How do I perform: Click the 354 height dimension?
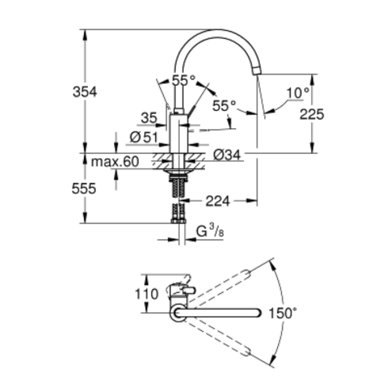click(85, 92)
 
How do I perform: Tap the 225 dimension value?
click(312, 114)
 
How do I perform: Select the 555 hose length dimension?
click(84, 188)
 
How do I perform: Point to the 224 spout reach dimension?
click(218, 201)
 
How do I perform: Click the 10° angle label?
click(298, 93)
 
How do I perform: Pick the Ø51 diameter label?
click(144, 137)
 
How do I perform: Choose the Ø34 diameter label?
click(227, 154)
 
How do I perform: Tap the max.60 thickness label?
click(115, 162)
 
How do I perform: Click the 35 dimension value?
click(149, 118)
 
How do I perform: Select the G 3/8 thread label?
click(210, 230)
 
